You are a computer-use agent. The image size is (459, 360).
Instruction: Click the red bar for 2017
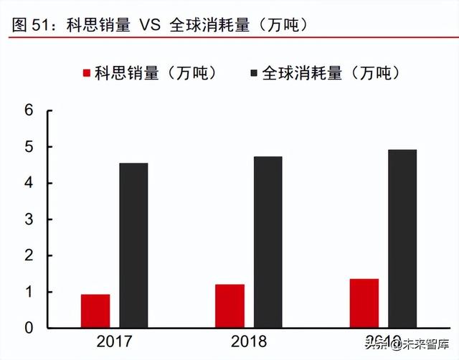click(95, 311)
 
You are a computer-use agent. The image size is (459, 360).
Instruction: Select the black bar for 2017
click(133, 245)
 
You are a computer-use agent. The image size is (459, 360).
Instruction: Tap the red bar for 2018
click(229, 306)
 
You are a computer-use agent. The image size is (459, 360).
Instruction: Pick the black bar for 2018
click(268, 242)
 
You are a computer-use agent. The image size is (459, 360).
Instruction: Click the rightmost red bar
click(364, 303)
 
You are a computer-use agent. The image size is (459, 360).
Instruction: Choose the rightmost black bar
click(402, 239)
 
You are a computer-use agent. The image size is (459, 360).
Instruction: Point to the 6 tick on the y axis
click(29, 110)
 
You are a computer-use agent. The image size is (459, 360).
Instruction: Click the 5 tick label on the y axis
click(29, 147)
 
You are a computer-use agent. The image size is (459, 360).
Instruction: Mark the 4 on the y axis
click(29, 184)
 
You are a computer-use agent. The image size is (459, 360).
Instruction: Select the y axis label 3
click(29, 219)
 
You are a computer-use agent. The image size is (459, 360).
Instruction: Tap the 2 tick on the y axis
click(29, 256)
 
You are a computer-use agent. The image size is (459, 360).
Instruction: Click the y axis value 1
click(29, 292)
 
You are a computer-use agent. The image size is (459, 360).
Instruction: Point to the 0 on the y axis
click(29, 328)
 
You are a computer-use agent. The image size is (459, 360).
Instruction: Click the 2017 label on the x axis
click(115, 342)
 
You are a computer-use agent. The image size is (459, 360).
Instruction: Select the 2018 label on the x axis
click(249, 342)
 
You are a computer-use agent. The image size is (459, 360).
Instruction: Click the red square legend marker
click(87, 73)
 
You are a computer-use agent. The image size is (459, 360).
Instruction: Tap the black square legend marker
click(255, 73)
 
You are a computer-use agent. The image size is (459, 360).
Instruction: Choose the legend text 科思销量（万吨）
click(155, 73)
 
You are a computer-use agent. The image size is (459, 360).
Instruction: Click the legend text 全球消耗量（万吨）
click(331, 73)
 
